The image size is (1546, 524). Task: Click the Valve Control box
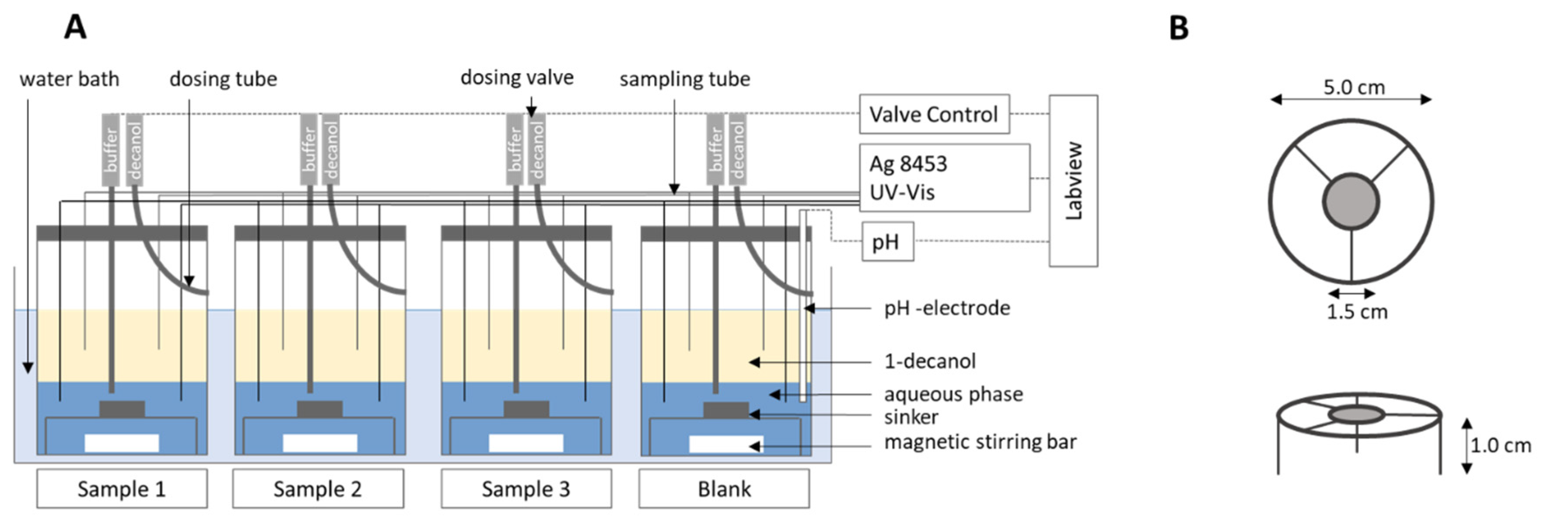coord(934,114)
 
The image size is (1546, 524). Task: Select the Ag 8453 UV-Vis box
coord(944,178)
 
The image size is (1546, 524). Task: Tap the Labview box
coord(1073,181)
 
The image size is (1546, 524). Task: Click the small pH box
coord(887,241)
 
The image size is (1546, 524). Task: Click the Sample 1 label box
coord(122,489)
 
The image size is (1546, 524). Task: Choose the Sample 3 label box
coord(526,489)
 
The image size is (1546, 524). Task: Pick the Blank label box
coord(724,489)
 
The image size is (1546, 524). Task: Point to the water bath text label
coord(69,79)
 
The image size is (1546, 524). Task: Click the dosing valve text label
coord(517,77)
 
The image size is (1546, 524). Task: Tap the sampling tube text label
coord(685,79)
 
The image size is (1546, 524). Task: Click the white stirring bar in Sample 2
coord(320,443)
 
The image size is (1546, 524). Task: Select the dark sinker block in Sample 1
coord(122,409)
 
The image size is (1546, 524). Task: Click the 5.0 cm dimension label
coord(1354,87)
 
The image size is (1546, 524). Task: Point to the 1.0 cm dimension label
coord(1501,445)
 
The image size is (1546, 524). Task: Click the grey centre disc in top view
coord(1351,202)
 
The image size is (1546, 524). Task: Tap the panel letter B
coord(1179,28)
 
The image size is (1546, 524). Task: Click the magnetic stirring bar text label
coord(980,442)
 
